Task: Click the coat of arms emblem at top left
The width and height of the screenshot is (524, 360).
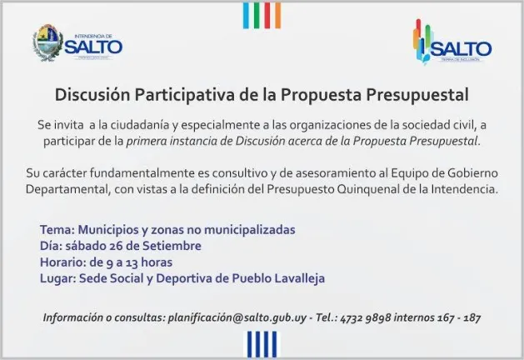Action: pos(48,42)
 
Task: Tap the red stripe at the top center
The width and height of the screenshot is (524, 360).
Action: pos(267,15)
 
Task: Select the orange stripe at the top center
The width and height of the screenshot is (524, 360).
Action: pos(277,15)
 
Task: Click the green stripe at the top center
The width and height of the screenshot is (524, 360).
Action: pos(257,15)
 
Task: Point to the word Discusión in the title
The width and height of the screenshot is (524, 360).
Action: pos(92,95)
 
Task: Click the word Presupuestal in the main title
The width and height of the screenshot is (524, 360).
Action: pos(417,95)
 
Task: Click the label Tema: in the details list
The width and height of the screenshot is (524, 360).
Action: pos(57,230)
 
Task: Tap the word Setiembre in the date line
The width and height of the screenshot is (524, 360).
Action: pos(172,246)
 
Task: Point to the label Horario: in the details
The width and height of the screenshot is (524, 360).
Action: pos(63,262)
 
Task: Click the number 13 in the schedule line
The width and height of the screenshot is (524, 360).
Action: pos(132,262)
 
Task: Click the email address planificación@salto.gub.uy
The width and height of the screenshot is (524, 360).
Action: pos(237,317)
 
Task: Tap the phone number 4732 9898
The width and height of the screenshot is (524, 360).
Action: pos(366,317)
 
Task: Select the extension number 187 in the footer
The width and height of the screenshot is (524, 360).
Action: pos(472,317)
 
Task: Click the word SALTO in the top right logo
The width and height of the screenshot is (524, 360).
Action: pos(462,49)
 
